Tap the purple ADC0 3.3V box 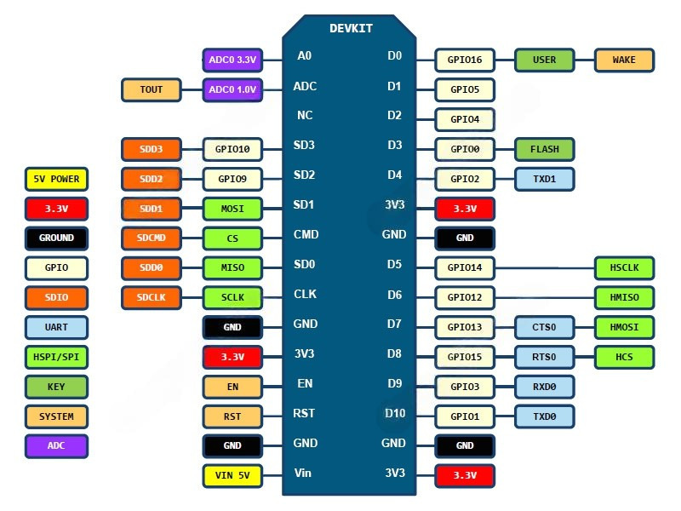click(x=232, y=60)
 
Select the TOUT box click(x=152, y=89)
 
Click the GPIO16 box click(x=465, y=60)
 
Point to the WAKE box click(x=625, y=60)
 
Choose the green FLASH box click(x=545, y=149)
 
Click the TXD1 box click(x=545, y=179)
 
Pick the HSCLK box click(x=625, y=267)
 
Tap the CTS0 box click(x=545, y=327)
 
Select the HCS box click(x=625, y=357)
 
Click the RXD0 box click(x=545, y=387)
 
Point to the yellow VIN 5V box click(x=232, y=475)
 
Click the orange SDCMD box click(x=152, y=238)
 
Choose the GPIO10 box click(x=232, y=149)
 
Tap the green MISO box click(x=232, y=267)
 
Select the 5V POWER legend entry click(x=56, y=179)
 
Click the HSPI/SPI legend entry click(x=56, y=357)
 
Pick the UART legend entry click(x=56, y=327)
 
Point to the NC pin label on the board click(x=305, y=115)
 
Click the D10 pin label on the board click(x=395, y=413)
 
